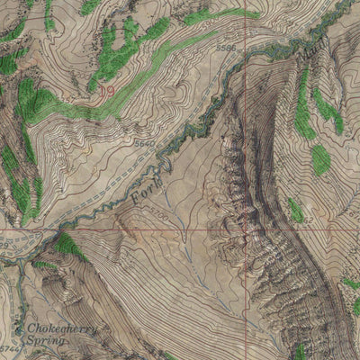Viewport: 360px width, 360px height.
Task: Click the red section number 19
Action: click(x=107, y=90)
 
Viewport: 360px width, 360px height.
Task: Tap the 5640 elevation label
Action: click(x=143, y=143)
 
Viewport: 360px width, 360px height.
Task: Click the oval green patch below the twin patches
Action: click(x=320, y=160)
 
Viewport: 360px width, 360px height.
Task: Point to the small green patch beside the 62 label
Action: click(x=295, y=211)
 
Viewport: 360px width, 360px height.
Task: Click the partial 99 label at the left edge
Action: click(x=4, y=243)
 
